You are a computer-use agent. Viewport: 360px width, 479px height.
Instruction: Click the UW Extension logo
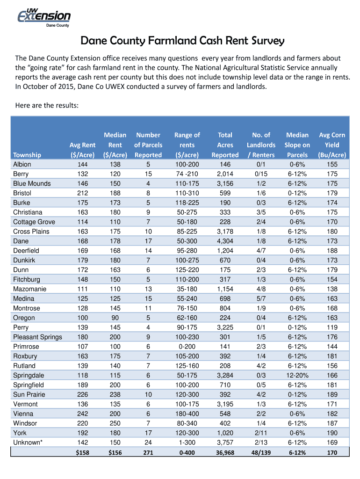click(x=44, y=18)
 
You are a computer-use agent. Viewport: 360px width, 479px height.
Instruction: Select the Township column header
click(x=27, y=155)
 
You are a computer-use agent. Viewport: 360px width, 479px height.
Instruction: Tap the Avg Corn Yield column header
click(x=331, y=145)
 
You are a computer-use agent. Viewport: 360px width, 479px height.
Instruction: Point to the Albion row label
click(x=22, y=164)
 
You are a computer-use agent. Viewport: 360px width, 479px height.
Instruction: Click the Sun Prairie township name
click(x=29, y=394)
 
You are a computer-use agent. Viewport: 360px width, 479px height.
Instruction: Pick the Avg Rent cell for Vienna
click(x=82, y=414)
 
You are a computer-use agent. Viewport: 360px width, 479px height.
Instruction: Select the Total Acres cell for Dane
click(x=225, y=241)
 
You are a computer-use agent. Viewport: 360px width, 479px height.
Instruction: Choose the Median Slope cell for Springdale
click(x=297, y=375)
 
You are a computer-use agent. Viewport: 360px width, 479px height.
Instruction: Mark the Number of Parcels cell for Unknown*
click(x=148, y=443)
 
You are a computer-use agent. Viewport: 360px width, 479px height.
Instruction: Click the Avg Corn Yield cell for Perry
click(x=331, y=327)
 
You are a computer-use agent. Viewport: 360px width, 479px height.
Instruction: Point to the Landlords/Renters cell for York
click(x=261, y=433)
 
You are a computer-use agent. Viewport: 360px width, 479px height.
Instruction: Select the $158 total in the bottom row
click(x=82, y=452)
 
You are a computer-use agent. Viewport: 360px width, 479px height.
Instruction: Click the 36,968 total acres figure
click(x=225, y=452)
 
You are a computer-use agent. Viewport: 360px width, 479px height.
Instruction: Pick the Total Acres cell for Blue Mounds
click(x=225, y=183)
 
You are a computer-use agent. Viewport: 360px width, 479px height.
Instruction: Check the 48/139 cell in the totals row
click(x=261, y=452)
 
